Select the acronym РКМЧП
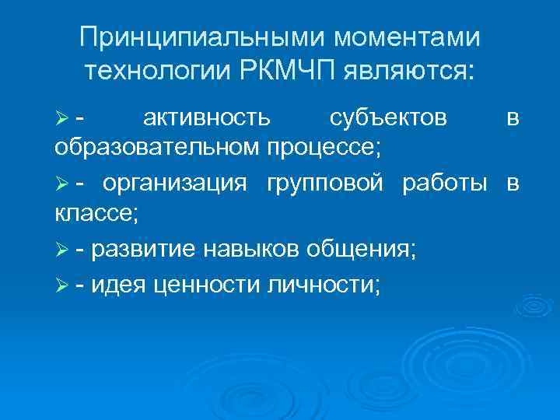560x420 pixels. click(288, 72)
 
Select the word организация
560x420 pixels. click(175, 184)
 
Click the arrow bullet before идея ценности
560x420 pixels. click(62, 287)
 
